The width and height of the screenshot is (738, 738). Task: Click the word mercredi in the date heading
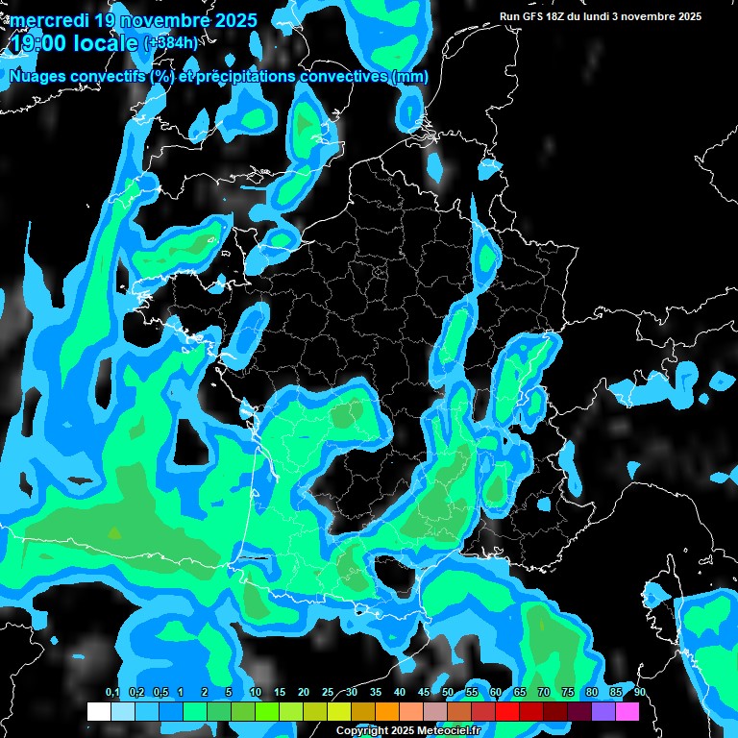pos(49,19)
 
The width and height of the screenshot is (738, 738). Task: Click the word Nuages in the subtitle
pos(39,77)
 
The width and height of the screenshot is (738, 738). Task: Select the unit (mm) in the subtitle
pos(408,77)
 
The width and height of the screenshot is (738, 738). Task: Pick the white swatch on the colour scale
pos(99,712)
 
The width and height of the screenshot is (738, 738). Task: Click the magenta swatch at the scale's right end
pos(627,712)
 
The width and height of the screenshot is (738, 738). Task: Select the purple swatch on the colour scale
pos(603,712)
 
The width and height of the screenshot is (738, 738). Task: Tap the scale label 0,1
pos(111,692)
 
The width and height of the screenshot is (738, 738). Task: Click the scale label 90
pos(640,692)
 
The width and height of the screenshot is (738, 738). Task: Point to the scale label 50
pos(448,692)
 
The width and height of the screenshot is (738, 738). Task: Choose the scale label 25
pos(328,692)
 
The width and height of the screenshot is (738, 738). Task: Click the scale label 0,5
pos(160,692)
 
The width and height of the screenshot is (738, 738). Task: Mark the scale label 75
pos(568,692)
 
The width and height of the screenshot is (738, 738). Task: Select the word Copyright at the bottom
pos(360,730)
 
